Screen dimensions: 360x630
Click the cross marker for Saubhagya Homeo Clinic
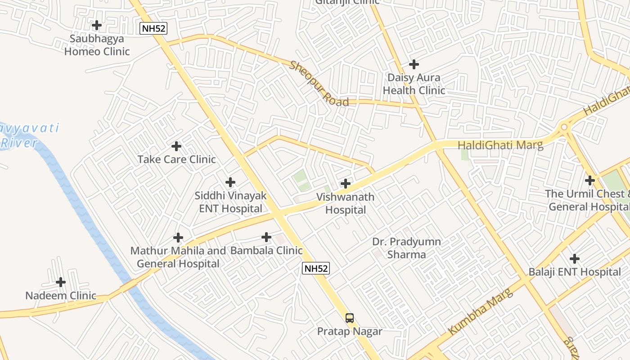[x=97, y=25]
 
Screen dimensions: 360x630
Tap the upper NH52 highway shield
[x=153, y=29]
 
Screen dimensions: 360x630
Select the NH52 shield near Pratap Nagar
[x=315, y=269]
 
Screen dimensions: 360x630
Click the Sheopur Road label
[x=319, y=84]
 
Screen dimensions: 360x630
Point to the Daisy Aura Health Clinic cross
[x=414, y=64]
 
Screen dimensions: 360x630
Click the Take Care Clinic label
[x=176, y=159]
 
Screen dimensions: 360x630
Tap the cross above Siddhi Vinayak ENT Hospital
[x=230, y=182]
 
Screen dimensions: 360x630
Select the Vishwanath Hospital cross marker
[x=346, y=184]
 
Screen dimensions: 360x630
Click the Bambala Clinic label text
[x=266, y=251]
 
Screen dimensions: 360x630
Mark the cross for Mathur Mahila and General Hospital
[x=178, y=238]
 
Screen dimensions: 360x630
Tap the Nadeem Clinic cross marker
[x=61, y=282]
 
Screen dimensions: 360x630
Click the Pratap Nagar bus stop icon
[x=350, y=318]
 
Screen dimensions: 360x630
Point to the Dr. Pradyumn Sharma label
[x=406, y=248]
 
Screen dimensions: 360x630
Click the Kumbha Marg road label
[x=481, y=311]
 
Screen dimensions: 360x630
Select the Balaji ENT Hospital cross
[x=575, y=259]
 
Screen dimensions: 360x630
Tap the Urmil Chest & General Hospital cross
[x=589, y=180]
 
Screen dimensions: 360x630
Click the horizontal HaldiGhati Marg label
[x=500, y=145]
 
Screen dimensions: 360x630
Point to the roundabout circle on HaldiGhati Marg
[x=564, y=127]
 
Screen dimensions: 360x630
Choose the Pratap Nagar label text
[x=350, y=332]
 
